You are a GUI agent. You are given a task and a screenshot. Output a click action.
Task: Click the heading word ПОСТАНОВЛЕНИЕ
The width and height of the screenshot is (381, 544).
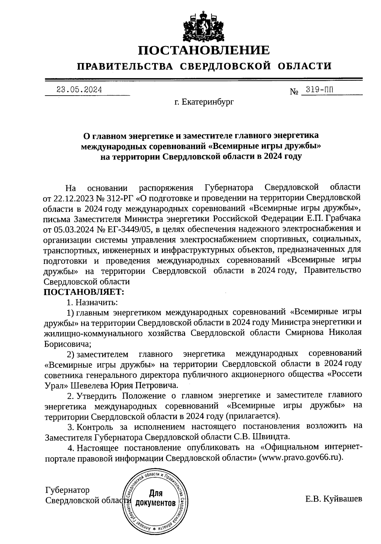204,50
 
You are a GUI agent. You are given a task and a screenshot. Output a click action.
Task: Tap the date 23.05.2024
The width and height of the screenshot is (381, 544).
79,90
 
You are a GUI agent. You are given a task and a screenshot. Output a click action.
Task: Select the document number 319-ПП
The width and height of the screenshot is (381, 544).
317,90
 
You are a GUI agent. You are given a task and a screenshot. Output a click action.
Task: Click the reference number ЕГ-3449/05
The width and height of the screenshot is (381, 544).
125,229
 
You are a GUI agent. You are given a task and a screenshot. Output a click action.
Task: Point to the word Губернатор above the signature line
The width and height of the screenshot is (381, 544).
67,490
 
